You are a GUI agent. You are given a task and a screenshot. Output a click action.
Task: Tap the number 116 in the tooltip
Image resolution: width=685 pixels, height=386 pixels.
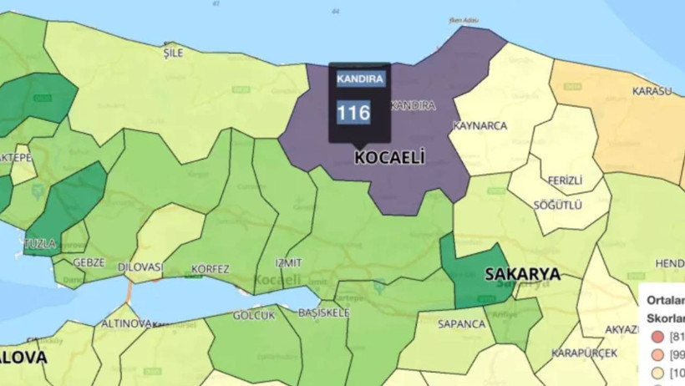tap(353, 113)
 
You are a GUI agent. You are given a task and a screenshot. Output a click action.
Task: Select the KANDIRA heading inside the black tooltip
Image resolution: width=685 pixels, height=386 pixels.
tap(360, 79)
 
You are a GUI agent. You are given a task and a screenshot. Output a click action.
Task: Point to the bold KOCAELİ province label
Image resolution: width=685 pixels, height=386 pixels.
tap(390, 157)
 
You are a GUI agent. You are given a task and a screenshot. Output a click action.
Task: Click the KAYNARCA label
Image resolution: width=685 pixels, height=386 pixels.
tap(479, 125)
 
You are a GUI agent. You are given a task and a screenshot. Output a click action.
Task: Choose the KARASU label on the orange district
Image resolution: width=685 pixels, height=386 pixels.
tap(652, 90)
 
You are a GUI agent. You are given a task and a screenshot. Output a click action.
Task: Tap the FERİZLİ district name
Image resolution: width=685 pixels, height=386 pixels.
tap(565, 180)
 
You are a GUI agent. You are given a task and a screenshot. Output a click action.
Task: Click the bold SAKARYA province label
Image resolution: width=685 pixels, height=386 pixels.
tap(522, 273)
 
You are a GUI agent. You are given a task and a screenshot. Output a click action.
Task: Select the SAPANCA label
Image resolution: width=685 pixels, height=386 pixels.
tap(462, 323)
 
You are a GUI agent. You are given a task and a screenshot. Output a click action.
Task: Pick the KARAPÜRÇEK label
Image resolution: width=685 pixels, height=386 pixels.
tap(584, 353)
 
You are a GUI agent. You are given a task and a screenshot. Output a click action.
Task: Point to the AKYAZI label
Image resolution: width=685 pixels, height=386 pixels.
tap(622, 329)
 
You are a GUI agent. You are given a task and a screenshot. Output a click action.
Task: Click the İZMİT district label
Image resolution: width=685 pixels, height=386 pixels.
tap(288, 262)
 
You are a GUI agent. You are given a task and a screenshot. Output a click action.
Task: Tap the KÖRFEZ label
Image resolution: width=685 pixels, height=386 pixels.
tap(210, 269)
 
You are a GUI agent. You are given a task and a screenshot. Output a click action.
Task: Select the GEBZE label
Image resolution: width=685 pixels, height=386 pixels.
tap(89, 262)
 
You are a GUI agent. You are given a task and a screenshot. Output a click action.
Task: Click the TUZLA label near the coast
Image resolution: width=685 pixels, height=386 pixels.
tap(41, 244)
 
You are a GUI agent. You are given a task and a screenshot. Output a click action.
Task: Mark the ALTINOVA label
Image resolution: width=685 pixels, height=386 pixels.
tap(126, 323)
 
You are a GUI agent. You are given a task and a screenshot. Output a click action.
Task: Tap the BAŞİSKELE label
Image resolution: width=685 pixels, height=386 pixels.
tap(323, 312)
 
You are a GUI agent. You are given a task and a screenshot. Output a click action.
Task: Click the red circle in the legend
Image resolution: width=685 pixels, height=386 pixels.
tap(657, 337)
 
